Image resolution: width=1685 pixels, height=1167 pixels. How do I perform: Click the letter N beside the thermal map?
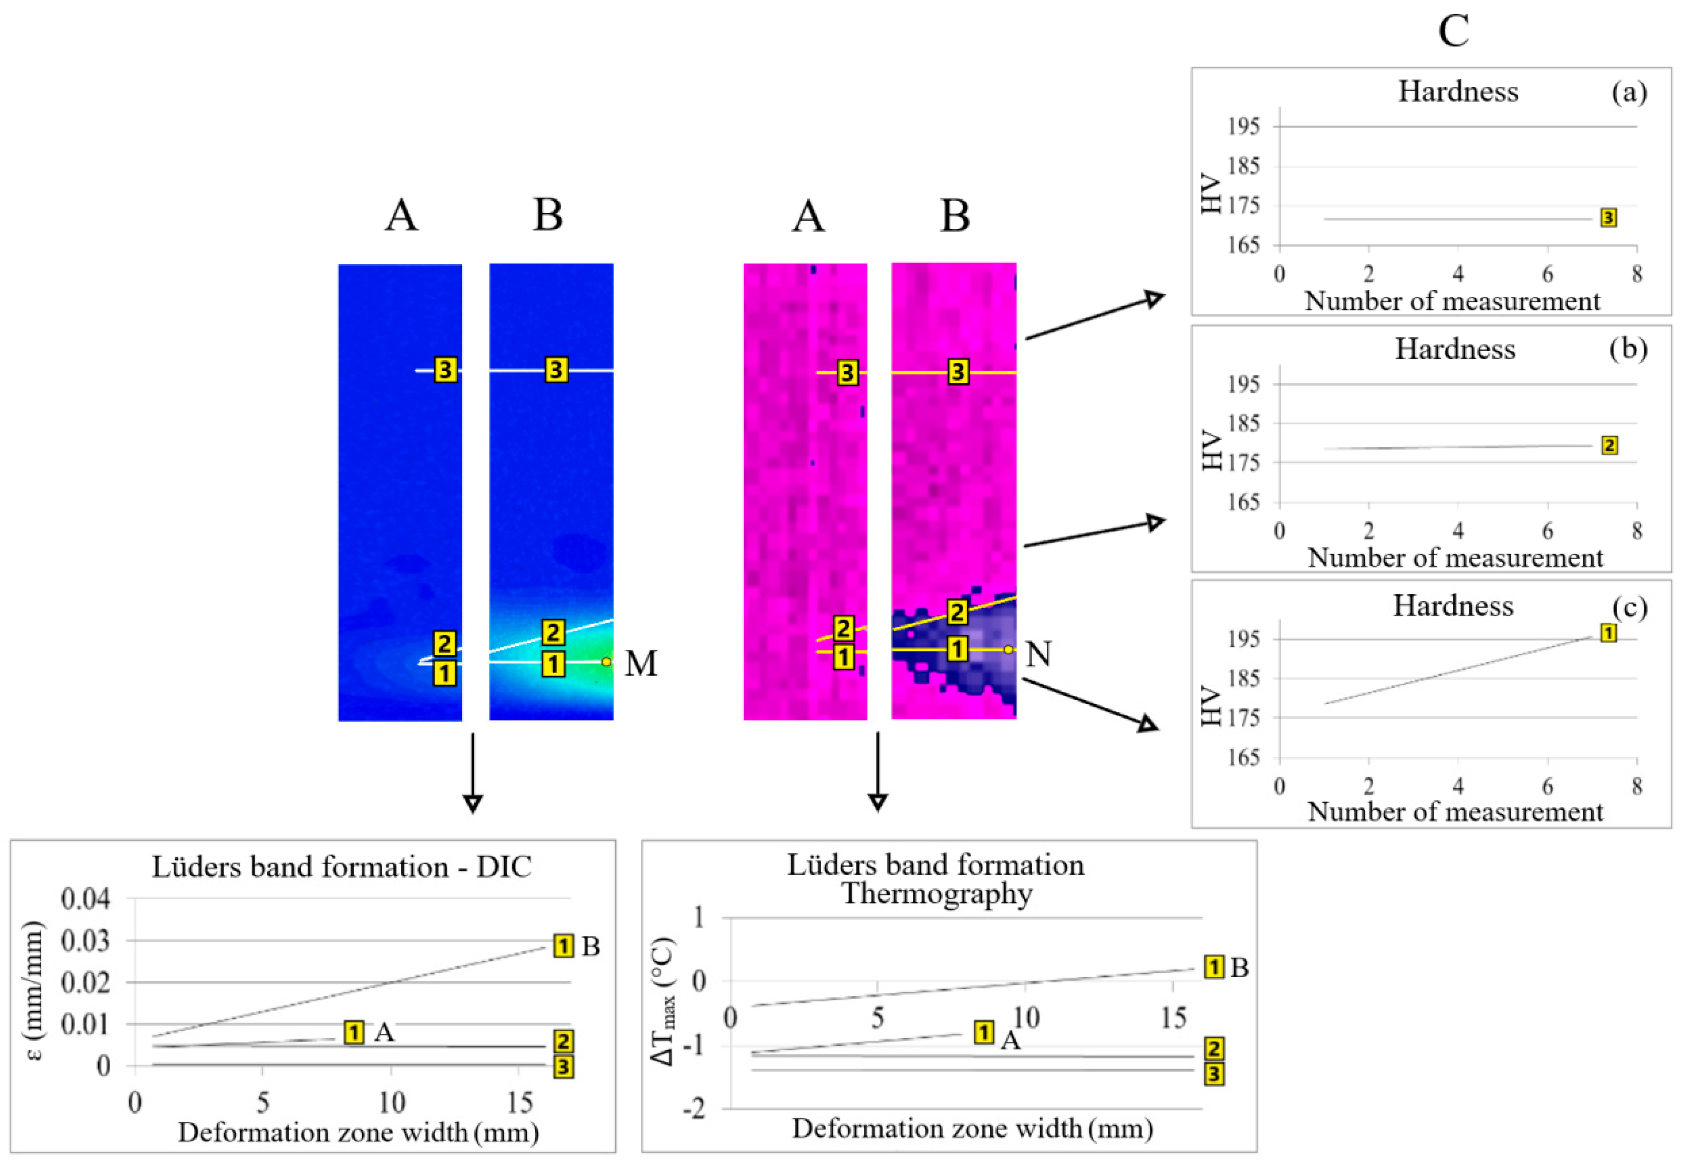pos(1038,654)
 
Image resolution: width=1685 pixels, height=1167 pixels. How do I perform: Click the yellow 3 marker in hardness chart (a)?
pos(1608,218)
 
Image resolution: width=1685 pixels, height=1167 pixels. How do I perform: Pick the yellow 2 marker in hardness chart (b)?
pos(1609,446)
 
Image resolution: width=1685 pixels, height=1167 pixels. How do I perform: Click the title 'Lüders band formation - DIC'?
pos(342,867)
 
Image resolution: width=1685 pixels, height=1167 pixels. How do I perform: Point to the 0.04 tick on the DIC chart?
pos(86,899)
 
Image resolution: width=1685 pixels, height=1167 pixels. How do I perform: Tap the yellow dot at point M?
pos(606,662)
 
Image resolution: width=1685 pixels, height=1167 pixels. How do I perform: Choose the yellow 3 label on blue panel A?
pos(446,370)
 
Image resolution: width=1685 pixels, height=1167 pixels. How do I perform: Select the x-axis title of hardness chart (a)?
pos(1452,301)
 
